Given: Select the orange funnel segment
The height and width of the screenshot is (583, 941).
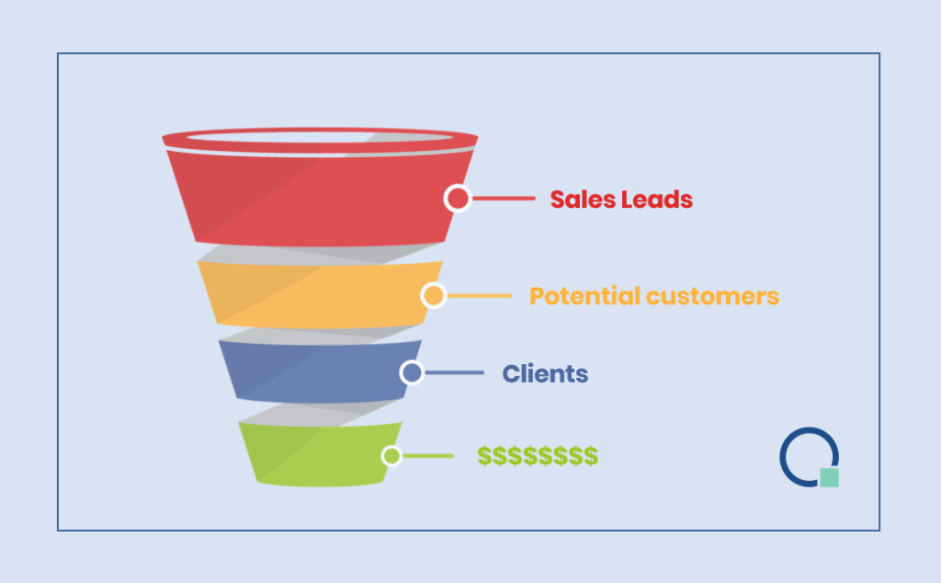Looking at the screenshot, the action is (x=320, y=295).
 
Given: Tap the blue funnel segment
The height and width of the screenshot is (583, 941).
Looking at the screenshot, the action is (x=320, y=372).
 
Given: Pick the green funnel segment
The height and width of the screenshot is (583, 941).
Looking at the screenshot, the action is (x=320, y=454).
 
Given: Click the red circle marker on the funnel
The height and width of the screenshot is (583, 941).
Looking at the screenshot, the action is (x=458, y=198).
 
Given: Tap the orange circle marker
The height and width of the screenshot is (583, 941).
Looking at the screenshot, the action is (x=434, y=295).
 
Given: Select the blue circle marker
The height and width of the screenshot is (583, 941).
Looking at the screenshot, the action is (x=412, y=372).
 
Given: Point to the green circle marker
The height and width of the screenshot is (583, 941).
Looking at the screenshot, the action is (x=391, y=456).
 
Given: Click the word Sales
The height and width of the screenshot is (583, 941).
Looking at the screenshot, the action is (x=582, y=200).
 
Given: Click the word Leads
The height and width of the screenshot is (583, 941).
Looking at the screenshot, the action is (x=656, y=200).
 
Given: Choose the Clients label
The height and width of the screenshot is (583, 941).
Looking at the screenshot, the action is (x=545, y=374).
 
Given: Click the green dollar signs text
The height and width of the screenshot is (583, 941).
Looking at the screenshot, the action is (x=538, y=456).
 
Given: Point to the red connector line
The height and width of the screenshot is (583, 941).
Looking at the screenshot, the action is (x=504, y=198).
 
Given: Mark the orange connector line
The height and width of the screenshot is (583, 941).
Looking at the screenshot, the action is (x=480, y=295).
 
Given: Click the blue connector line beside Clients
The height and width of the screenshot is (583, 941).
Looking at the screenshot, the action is (x=454, y=372).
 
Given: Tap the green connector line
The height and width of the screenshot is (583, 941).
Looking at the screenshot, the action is (x=428, y=456).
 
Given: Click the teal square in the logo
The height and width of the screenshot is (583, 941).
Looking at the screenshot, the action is (x=830, y=477).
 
